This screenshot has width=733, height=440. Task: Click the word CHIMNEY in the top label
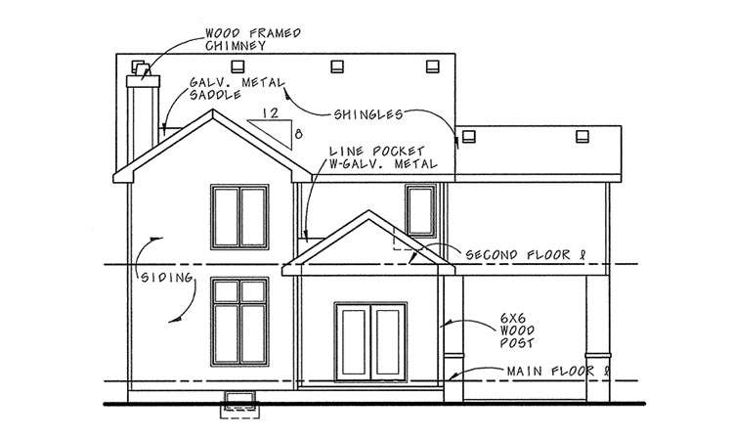click(x=236, y=45)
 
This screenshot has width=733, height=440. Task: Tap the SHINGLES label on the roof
click(x=368, y=114)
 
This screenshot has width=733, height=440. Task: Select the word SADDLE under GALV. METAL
click(x=215, y=95)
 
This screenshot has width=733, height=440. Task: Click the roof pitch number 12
click(x=270, y=112)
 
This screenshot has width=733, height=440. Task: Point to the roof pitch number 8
click(x=298, y=135)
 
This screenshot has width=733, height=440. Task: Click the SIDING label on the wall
click(x=167, y=278)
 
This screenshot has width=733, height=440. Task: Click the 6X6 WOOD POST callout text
click(x=517, y=330)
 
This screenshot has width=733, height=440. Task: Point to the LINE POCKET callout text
click(x=383, y=157)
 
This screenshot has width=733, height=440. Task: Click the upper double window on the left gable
click(x=239, y=217)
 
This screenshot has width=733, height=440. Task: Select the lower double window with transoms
click(x=239, y=322)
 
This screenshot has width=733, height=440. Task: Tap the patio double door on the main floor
click(x=370, y=342)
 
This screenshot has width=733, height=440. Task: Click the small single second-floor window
click(x=420, y=211)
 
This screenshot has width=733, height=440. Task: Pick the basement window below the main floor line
click(x=239, y=401)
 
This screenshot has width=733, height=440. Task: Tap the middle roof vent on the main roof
click(x=337, y=66)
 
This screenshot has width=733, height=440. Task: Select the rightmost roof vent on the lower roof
click(x=582, y=137)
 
